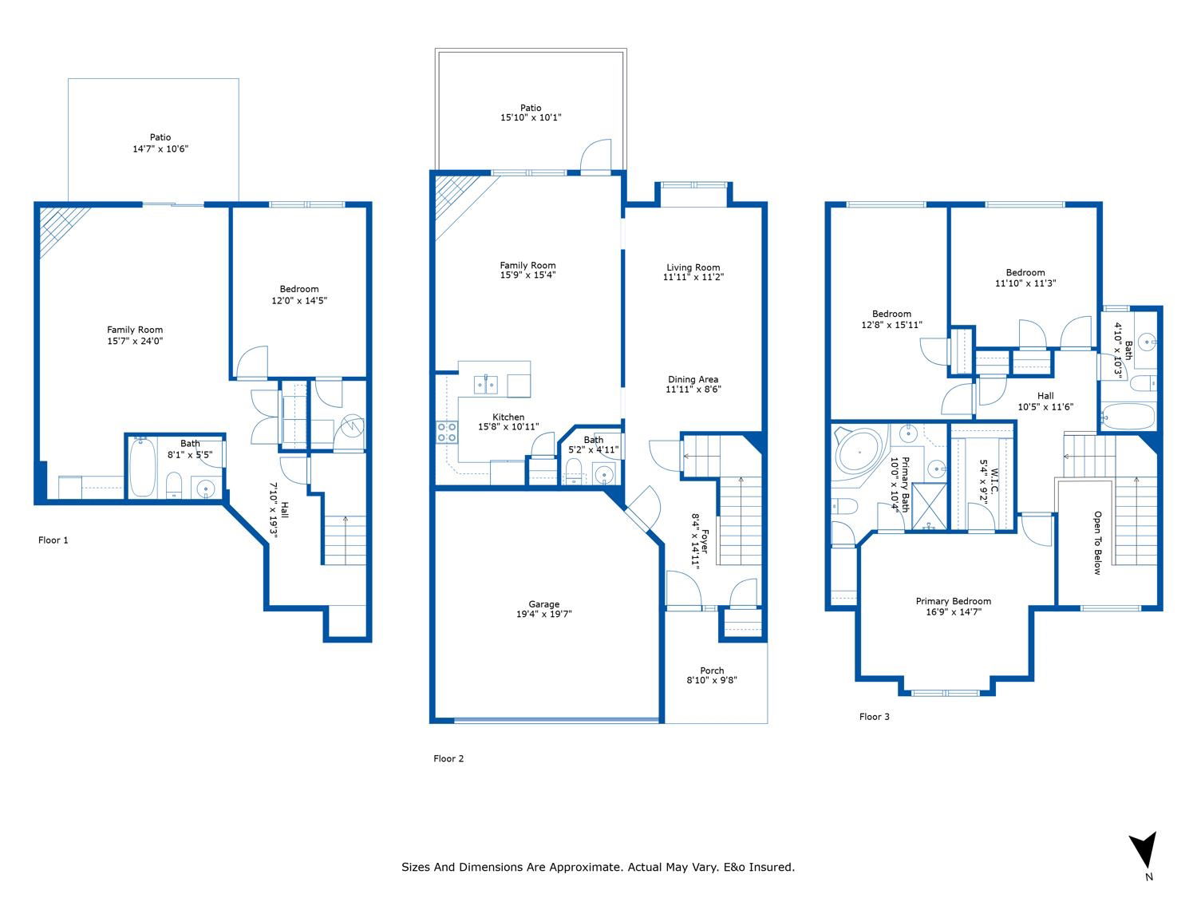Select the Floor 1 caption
coord(53,540)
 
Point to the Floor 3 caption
coord(874,717)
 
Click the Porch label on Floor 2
coord(712,670)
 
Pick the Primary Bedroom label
coord(953,601)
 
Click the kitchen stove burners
coord(446,431)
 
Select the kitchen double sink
coord(485,385)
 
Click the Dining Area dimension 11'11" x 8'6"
coord(693,390)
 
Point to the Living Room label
coord(693,267)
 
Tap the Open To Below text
coord(1097,543)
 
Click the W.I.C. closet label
coord(994,481)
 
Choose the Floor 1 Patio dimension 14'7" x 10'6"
coord(160,148)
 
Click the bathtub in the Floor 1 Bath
coord(143,466)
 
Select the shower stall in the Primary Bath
coord(929,507)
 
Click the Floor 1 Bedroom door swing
coord(252,362)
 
